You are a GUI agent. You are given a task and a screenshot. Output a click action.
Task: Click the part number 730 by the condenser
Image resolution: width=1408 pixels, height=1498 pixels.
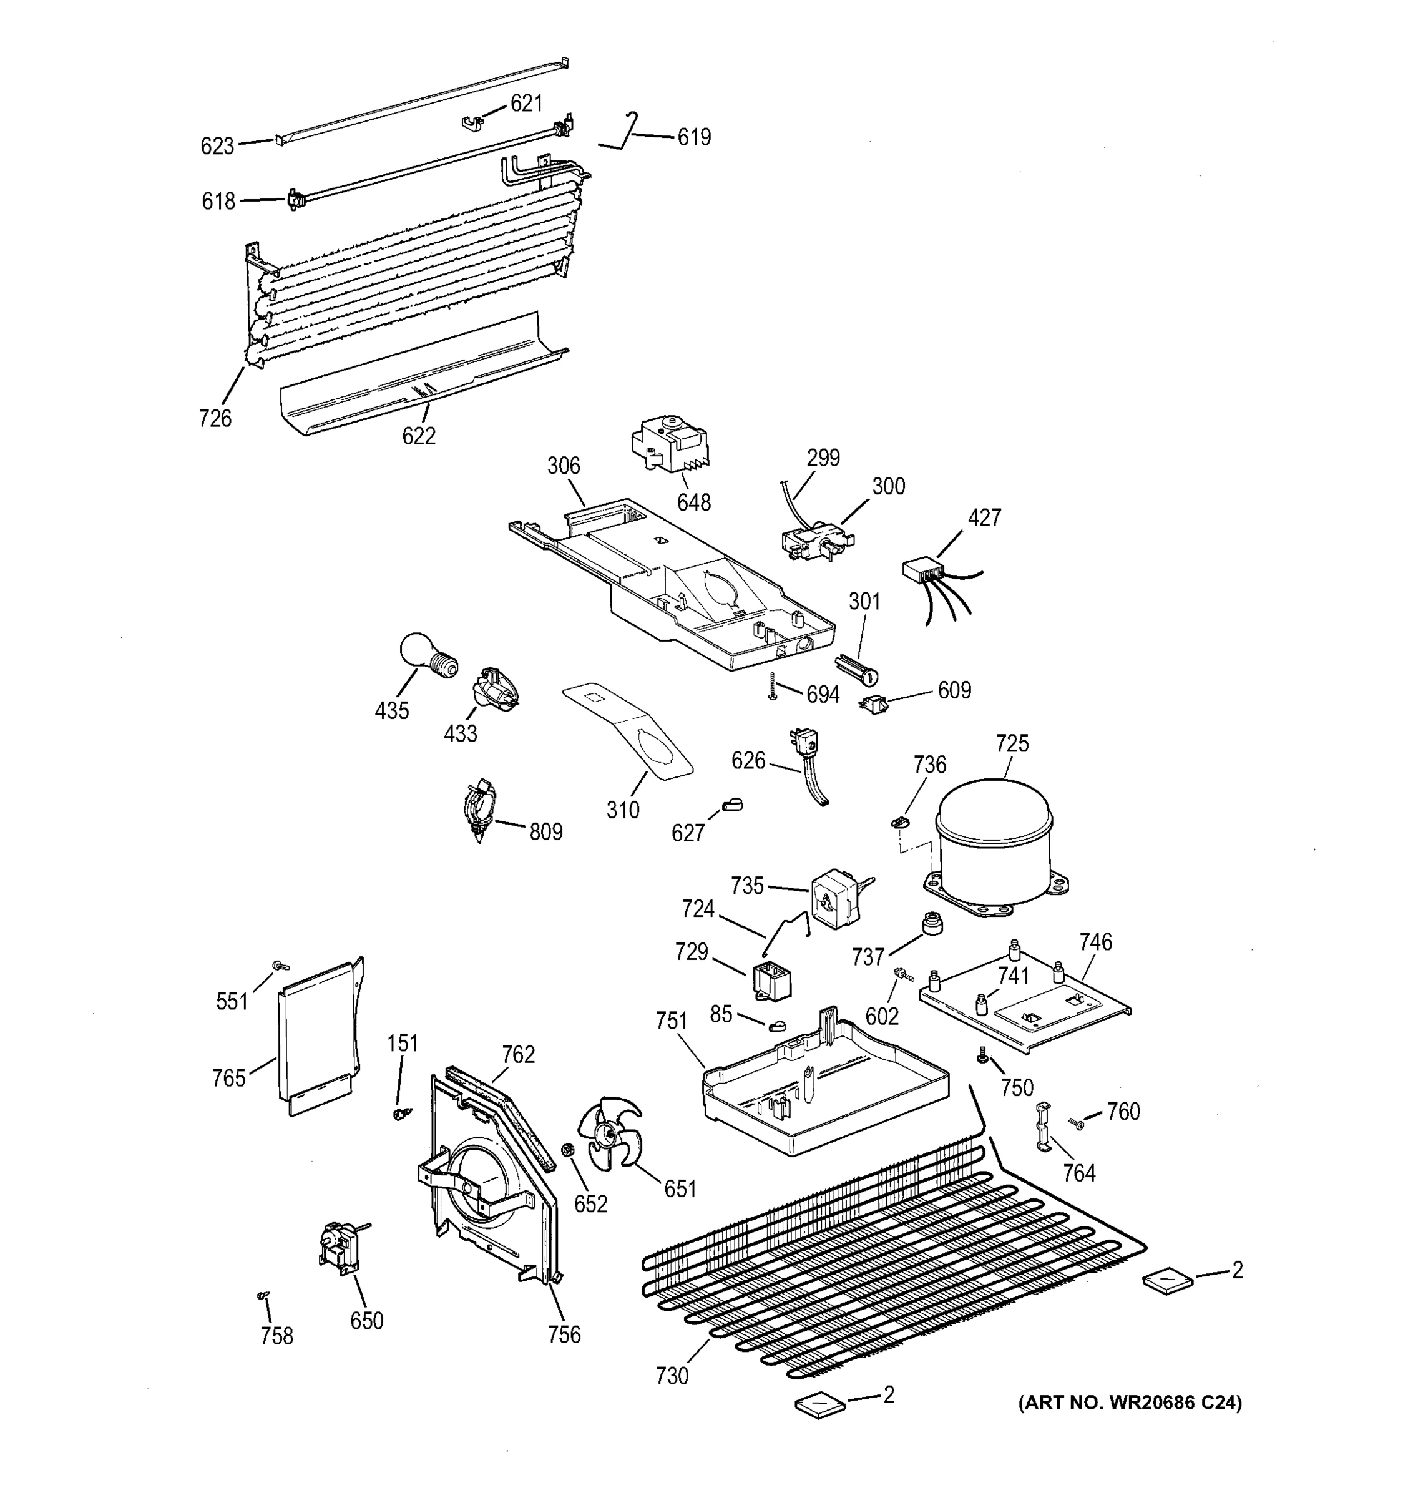click(x=672, y=1376)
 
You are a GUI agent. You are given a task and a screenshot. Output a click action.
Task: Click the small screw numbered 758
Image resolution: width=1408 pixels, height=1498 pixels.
click(x=263, y=1295)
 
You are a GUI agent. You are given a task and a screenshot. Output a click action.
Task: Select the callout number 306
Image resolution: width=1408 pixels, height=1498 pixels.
click(x=564, y=466)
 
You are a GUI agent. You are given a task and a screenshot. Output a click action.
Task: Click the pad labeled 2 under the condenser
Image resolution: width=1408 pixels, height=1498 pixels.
click(x=820, y=1403)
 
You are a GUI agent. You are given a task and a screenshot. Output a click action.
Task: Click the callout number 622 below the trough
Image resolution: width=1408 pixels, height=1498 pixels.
click(x=419, y=436)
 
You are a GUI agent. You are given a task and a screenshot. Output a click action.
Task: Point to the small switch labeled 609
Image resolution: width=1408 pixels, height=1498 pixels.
click(x=874, y=706)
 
